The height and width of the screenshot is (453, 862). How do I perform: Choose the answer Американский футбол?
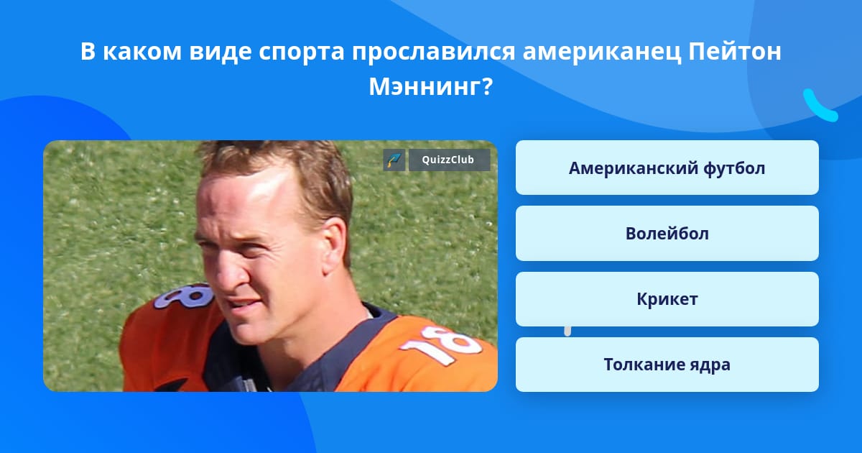(667, 168)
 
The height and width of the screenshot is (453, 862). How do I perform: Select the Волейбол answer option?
(667, 233)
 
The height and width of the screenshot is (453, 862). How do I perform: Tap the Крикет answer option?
(667, 299)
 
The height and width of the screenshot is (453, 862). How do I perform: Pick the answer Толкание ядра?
(667, 365)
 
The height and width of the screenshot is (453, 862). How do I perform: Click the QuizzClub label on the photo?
(449, 160)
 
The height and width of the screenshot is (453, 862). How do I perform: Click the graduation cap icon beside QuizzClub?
(394, 160)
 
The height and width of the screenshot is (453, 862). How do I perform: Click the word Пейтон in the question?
(735, 51)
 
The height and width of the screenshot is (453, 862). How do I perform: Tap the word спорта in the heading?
(301, 52)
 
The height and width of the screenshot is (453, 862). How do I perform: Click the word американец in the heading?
(601, 52)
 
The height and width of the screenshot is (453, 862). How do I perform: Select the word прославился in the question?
(433, 52)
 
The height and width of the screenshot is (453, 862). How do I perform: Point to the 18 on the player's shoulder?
(184, 296)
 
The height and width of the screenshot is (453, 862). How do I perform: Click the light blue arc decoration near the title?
(820, 106)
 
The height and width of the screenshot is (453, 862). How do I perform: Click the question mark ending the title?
(486, 87)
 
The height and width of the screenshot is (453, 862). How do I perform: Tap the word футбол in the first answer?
(734, 168)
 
